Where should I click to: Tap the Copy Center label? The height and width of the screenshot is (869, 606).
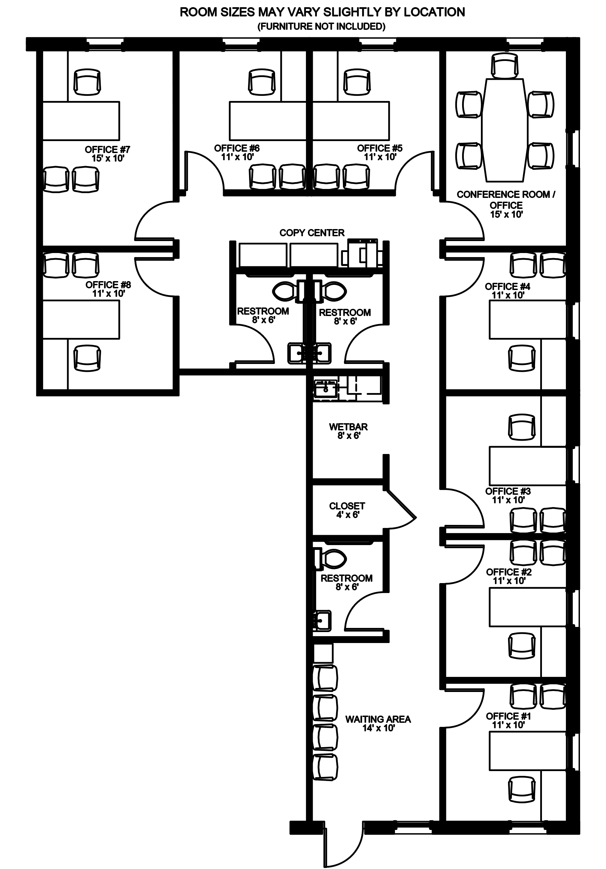312,233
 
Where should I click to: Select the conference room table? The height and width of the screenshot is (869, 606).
505,130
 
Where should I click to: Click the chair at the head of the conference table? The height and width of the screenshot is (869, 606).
505,65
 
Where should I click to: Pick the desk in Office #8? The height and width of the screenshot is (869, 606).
81,320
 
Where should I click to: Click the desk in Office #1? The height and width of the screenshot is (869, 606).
528,751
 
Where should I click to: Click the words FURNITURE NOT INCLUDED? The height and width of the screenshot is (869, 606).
322,26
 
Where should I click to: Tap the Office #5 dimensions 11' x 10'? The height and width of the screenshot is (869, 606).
380,157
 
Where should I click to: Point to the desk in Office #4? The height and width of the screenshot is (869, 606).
528,319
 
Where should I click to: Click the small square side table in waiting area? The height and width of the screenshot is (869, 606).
323,653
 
